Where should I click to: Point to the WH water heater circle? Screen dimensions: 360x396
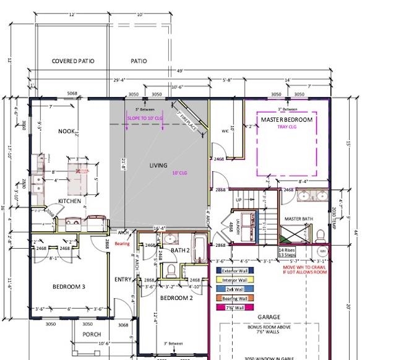pyautogui.click(x=322, y=252)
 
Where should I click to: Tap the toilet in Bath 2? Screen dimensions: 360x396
pyautogui.click(x=170, y=270)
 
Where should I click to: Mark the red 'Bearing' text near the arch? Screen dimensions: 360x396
pyautogui.click(x=122, y=244)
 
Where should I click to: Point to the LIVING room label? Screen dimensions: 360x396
pyautogui.click(x=158, y=165)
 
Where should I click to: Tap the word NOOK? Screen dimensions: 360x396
pyautogui.click(x=66, y=131)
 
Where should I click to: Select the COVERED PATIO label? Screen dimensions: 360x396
pyautogui.click(x=72, y=62)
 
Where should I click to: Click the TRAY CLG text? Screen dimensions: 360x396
pyautogui.click(x=287, y=128)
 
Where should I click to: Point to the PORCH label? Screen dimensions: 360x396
pyautogui.click(x=92, y=334)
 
